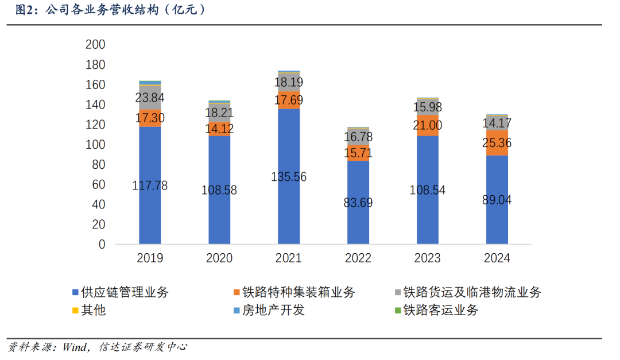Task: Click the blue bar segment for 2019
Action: [x=150, y=212]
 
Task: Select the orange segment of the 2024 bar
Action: [x=497, y=142]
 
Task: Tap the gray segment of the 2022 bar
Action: [x=358, y=138]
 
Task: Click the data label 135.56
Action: [x=288, y=177]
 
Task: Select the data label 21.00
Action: [x=427, y=126]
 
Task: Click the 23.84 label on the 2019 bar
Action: [x=150, y=98]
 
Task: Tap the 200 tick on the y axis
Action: [x=95, y=45]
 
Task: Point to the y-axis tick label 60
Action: [x=98, y=184]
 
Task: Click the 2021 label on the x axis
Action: [x=288, y=258]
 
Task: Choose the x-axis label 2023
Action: [x=427, y=258]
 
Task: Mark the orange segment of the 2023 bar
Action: [x=427, y=125]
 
